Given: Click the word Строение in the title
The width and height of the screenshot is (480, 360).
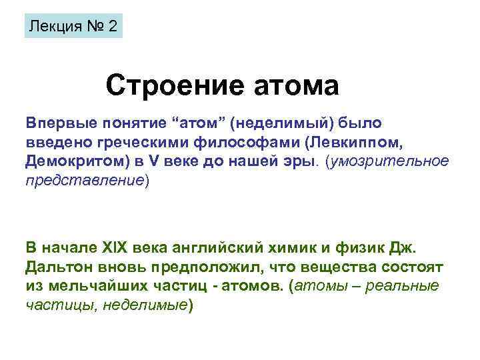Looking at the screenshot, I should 169,86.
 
